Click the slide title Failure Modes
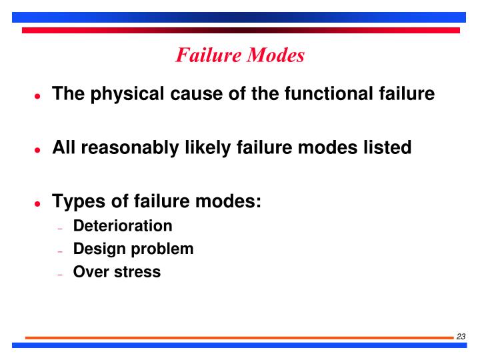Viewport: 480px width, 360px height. tap(240, 55)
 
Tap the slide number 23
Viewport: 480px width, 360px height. tap(461, 337)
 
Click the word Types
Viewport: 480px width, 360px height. tap(76, 201)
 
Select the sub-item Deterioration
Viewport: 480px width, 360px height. tap(123, 226)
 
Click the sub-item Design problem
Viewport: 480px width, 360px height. tap(133, 249)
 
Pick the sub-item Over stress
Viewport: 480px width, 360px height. tap(117, 272)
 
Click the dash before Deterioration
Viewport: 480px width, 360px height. tap(60, 228)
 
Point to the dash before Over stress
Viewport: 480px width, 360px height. tap(60, 274)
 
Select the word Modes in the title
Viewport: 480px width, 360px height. tap(275, 55)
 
